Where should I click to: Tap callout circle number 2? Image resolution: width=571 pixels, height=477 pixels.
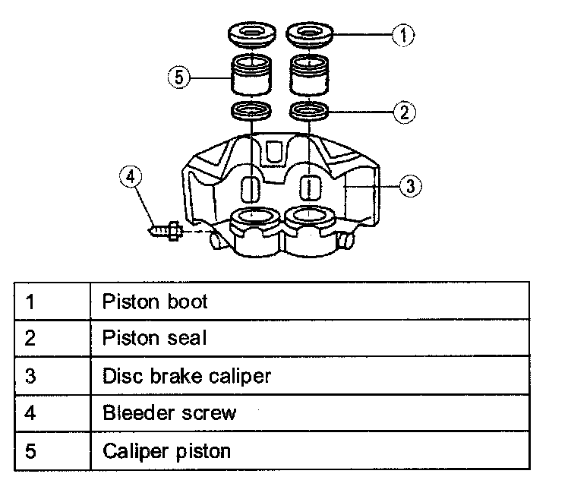pyautogui.click(x=405, y=112)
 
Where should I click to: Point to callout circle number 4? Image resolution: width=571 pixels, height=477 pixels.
pyautogui.click(x=131, y=177)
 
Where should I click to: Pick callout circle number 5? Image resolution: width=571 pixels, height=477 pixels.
pyautogui.click(x=178, y=76)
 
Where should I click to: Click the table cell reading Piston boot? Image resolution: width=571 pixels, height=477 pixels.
pyautogui.click(x=154, y=302)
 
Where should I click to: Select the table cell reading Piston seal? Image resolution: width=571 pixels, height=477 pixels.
pyautogui.click(x=154, y=338)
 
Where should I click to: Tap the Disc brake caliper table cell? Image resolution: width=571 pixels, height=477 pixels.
pyautogui.click(x=186, y=375)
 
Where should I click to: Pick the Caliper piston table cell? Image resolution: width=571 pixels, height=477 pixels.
pyautogui.click(x=166, y=450)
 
